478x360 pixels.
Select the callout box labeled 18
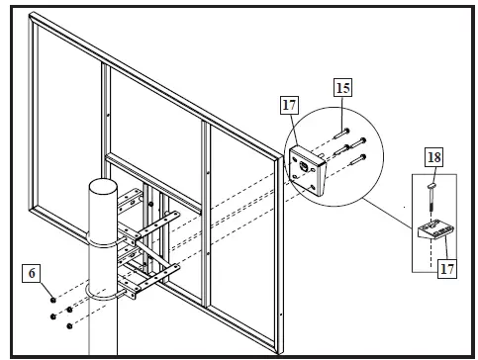pyautogui.click(x=434, y=157)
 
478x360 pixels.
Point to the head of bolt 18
pyautogui.click(x=432, y=184)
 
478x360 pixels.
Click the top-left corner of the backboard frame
pyautogui.click(x=33, y=17)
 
